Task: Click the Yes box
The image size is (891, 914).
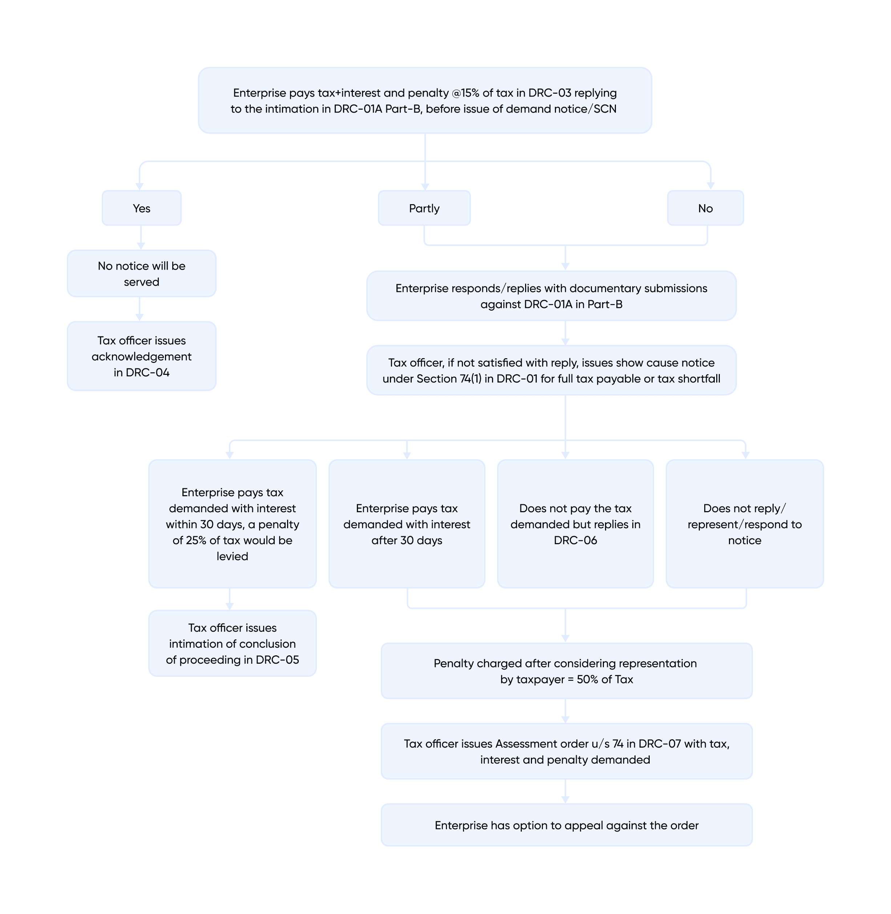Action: pyautogui.click(x=141, y=208)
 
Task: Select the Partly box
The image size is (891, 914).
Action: pyautogui.click(x=424, y=208)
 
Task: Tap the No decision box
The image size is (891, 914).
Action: pyautogui.click(x=705, y=208)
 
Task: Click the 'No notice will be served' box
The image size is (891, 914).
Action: pyautogui.click(x=141, y=274)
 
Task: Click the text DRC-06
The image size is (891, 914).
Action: pyautogui.click(x=575, y=540)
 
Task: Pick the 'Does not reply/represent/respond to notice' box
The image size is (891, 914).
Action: pyautogui.click(x=745, y=524)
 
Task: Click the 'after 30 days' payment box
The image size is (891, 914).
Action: pyautogui.click(x=407, y=524)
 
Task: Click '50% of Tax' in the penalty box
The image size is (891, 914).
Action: pyautogui.click(x=605, y=679)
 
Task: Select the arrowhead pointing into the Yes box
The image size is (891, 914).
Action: pyautogui.click(x=140, y=186)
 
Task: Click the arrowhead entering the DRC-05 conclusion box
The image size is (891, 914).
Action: pyautogui.click(x=229, y=606)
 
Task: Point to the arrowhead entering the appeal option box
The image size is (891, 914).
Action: pyautogui.click(x=565, y=800)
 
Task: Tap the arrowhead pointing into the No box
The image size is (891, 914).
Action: pyautogui.click(x=710, y=186)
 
